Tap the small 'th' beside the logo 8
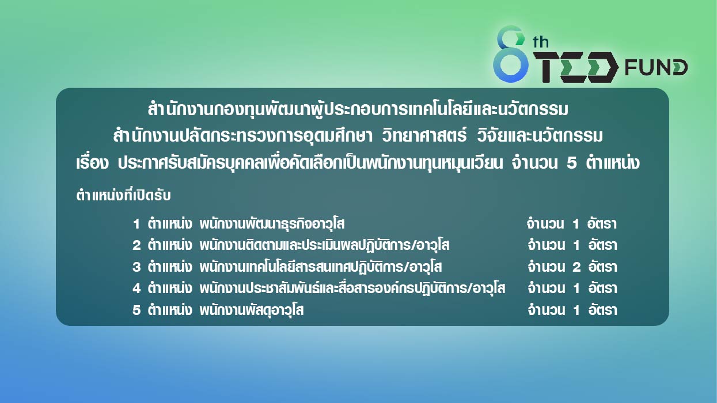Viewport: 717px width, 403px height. point(541,43)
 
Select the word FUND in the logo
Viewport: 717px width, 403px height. point(656,67)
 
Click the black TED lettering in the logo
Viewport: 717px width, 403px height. point(576,67)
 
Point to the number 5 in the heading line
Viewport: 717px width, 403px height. point(571,163)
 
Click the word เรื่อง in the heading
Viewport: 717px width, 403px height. point(92,162)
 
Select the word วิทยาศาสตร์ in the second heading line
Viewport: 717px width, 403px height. point(424,135)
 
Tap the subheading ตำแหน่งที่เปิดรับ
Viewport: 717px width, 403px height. point(123,195)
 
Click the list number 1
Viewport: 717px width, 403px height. point(136,224)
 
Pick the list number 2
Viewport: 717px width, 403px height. point(136,245)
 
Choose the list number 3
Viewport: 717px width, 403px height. point(136,267)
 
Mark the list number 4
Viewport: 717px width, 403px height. point(136,288)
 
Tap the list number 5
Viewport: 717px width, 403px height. point(136,310)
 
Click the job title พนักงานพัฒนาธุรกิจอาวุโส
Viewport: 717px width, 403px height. point(272,224)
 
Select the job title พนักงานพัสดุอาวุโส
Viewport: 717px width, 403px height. point(251,310)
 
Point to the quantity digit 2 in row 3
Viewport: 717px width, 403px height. point(576,267)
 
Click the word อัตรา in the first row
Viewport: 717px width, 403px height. point(602,223)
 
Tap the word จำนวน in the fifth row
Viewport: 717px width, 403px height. point(546,310)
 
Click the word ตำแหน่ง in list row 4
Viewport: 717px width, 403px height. point(170,288)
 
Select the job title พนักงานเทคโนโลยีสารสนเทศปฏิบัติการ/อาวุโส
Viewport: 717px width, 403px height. point(320,267)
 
